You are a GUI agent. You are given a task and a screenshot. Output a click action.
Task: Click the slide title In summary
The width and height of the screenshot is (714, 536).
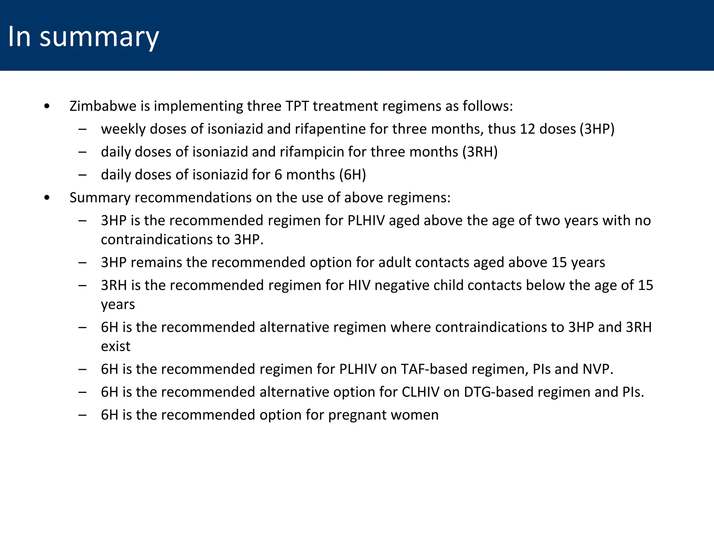click(83, 37)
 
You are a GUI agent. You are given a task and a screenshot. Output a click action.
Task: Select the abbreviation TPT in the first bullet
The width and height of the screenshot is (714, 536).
click(297, 106)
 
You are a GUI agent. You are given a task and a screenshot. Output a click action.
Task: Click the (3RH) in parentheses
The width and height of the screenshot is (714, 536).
click(480, 152)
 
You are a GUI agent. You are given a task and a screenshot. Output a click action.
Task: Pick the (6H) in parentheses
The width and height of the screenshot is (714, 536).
click(352, 175)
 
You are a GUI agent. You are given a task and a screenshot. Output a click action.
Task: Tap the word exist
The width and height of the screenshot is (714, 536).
click(115, 347)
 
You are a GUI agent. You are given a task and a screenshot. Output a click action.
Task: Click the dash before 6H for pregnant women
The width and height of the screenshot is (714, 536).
click(83, 415)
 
